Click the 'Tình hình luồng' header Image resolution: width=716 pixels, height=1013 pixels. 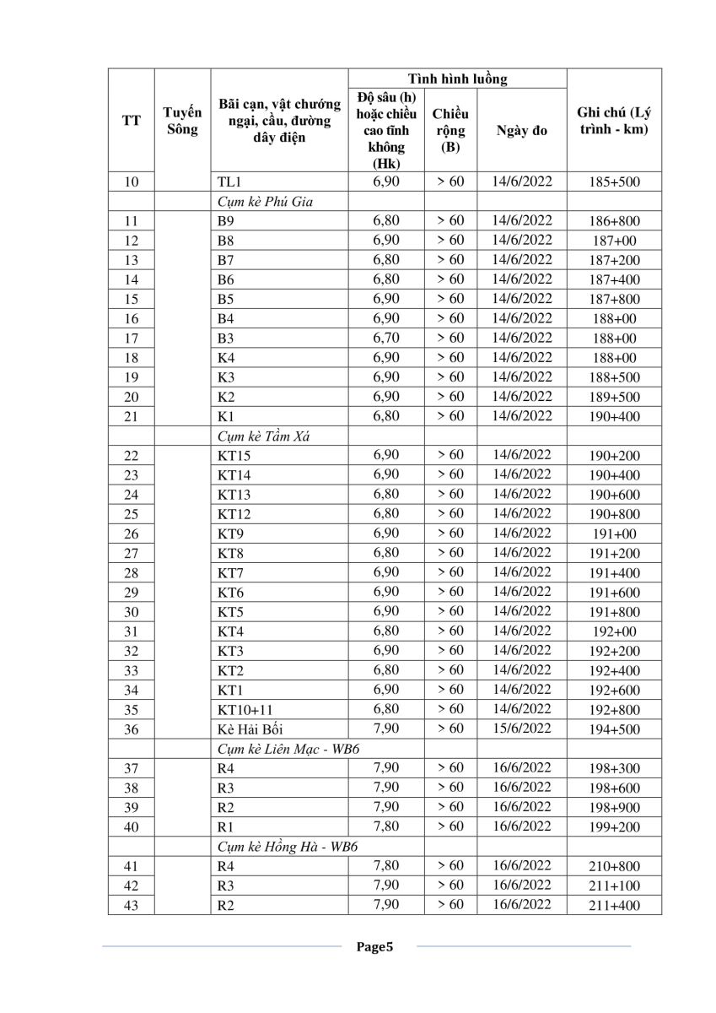pos(458,79)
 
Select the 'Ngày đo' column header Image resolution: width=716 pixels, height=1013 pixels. pos(522,131)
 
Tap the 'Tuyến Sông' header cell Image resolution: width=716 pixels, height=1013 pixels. pos(182,121)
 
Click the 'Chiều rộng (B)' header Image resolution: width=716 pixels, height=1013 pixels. pos(450,130)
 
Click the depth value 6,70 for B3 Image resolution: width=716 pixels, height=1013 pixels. pos(386,338)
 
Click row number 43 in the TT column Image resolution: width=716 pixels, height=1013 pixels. pos(131,906)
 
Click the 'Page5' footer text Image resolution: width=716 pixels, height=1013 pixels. pos(374,947)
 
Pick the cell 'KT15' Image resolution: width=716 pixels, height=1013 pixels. pos(234,456)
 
